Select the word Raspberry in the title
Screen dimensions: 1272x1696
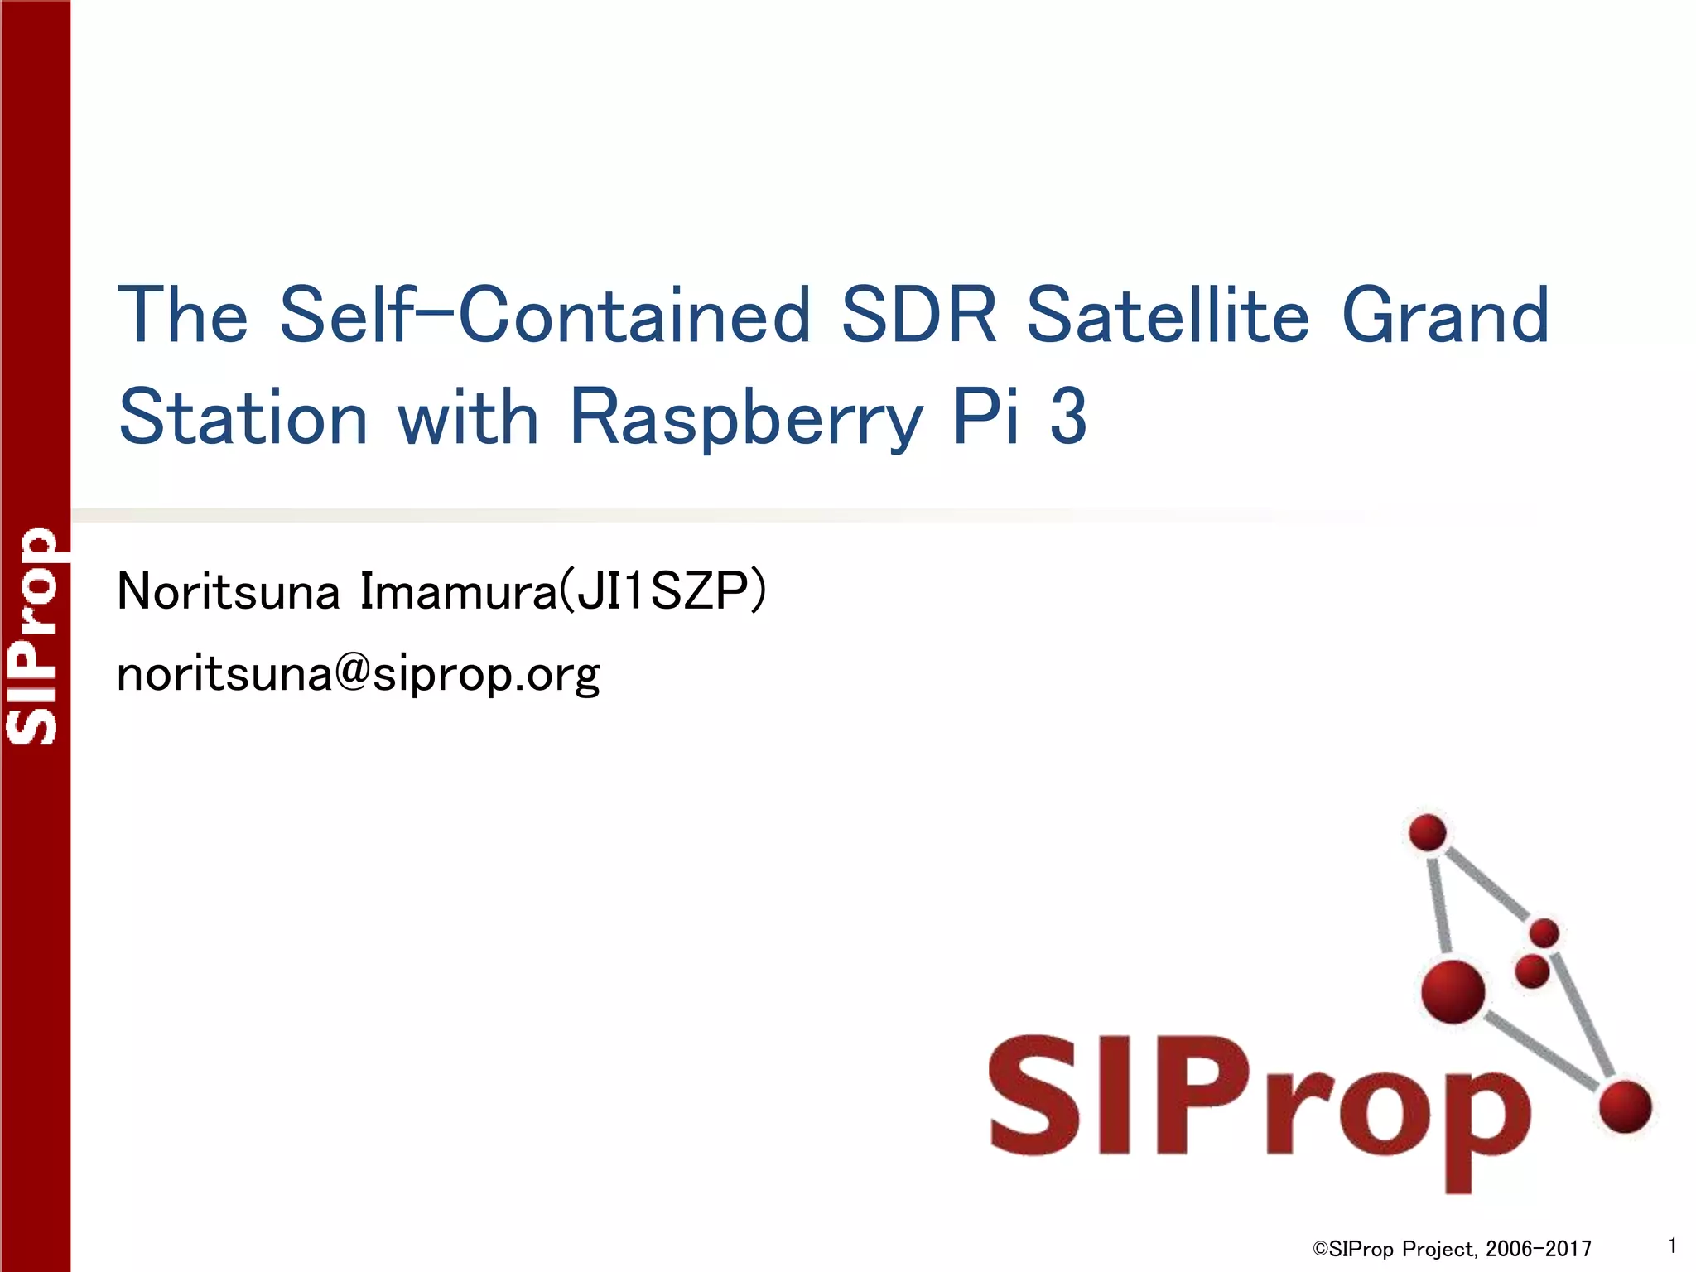(746, 418)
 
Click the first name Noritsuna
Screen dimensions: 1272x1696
(229, 591)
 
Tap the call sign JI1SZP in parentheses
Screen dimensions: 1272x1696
(662, 591)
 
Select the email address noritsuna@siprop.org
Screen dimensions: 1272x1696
(358, 674)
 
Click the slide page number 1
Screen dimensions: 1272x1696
(1673, 1245)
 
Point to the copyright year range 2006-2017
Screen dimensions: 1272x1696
(1539, 1249)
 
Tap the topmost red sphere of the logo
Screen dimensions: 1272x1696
(1428, 832)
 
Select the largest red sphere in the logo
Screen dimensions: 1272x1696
(1453, 991)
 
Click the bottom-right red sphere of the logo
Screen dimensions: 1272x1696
(1626, 1106)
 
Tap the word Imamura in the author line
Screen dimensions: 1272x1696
(460, 591)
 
